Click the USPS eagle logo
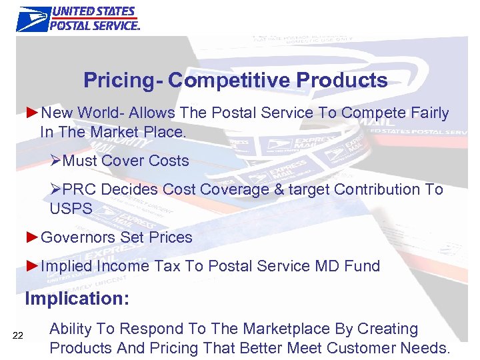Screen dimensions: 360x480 (33, 19)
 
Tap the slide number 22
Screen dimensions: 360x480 (18, 335)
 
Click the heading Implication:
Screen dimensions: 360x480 (77, 299)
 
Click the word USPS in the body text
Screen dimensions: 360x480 (71, 208)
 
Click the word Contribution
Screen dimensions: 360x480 (377, 189)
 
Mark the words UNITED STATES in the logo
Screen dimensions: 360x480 (94, 12)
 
